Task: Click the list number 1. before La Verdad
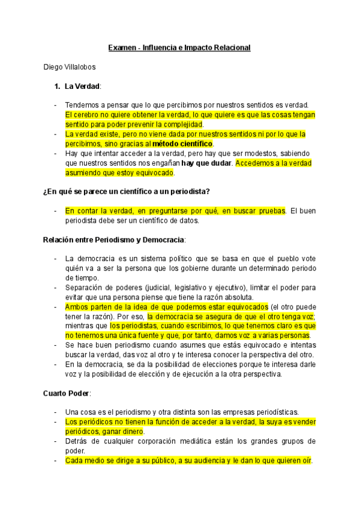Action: [57, 86]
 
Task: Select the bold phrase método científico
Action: [183, 144]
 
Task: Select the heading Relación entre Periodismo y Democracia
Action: [114, 239]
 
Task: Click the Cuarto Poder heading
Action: [66, 393]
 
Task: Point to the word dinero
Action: [131, 432]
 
